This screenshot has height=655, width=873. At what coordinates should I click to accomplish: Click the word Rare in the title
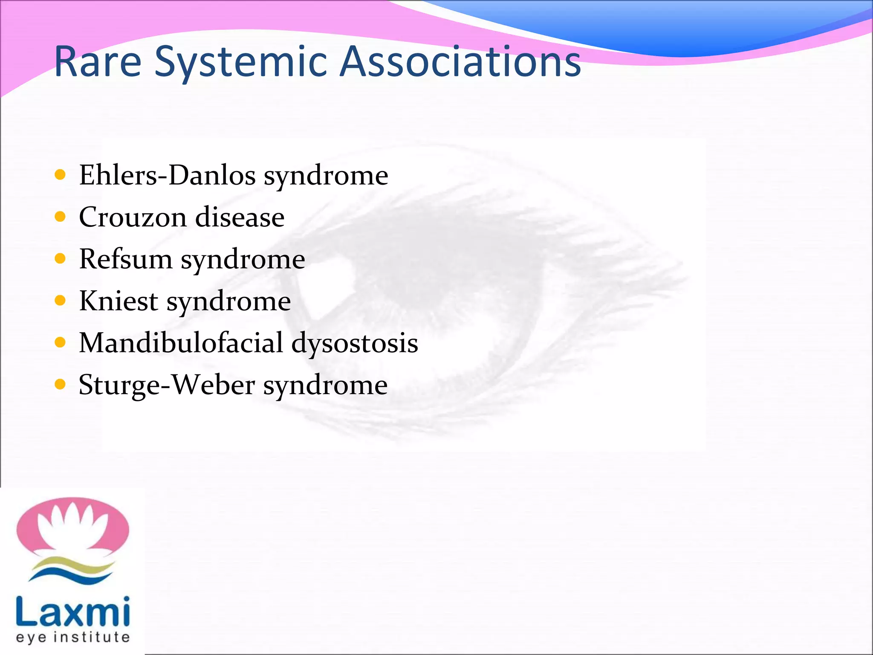pyautogui.click(x=98, y=62)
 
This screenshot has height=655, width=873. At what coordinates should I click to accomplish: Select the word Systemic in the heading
pyautogui.click(x=240, y=62)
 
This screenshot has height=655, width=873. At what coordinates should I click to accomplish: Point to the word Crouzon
pyautogui.click(x=133, y=217)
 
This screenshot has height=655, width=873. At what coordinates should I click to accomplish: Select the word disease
pyautogui.click(x=240, y=217)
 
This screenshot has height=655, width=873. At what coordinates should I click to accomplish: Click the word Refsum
pyautogui.click(x=126, y=259)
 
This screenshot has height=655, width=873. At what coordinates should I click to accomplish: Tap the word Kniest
pyautogui.click(x=119, y=301)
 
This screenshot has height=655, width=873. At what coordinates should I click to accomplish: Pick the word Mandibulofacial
pyautogui.click(x=181, y=342)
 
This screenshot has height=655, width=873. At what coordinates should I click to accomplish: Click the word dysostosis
pyautogui.click(x=355, y=343)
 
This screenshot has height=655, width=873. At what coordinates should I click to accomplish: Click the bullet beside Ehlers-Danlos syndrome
pyautogui.click(x=61, y=175)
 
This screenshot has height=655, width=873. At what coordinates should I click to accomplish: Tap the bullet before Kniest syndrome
pyautogui.click(x=61, y=301)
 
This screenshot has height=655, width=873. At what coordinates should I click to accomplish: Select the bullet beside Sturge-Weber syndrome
pyautogui.click(x=61, y=385)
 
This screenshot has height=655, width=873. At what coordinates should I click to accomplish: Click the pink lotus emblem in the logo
pyautogui.click(x=72, y=527)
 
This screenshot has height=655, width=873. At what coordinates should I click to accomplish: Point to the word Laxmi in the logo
pyautogui.click(x=72, y=612)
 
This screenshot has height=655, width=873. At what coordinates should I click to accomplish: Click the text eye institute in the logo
pyautogui.click(x=72, y=638)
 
